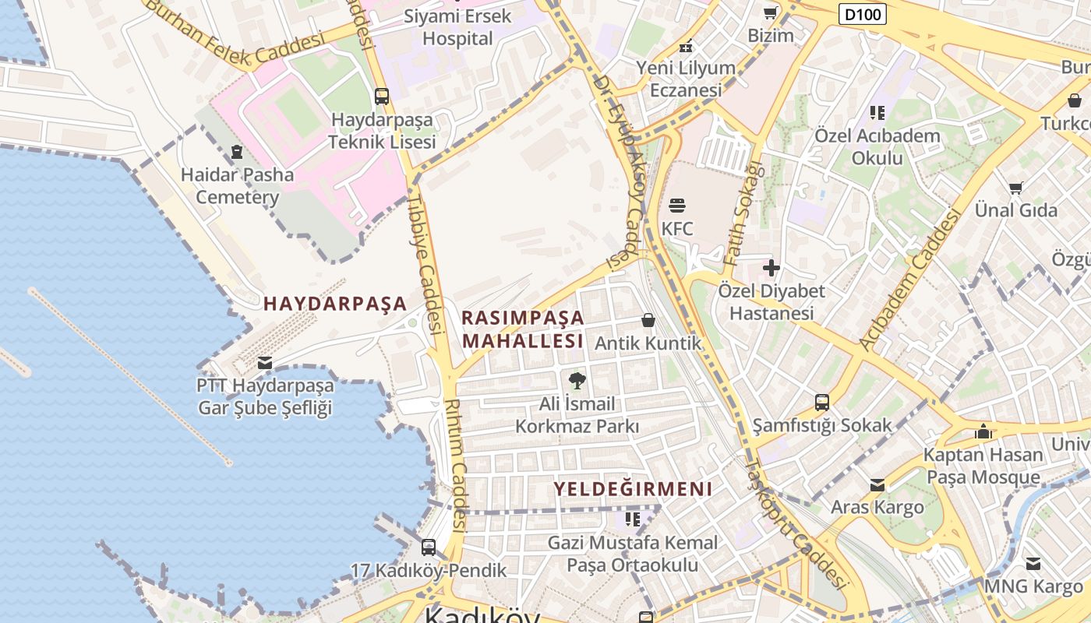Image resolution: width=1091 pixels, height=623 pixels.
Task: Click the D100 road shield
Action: click(x=863, y=13)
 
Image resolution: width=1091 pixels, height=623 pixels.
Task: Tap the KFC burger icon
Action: click(x=676, y=206)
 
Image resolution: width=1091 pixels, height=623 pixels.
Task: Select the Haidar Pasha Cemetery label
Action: click(x=237, y=185)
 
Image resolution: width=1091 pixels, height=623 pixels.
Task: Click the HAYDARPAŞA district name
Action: click(x=335, y=304)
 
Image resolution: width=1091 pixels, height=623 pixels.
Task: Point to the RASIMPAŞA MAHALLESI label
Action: click(x=522, y=329)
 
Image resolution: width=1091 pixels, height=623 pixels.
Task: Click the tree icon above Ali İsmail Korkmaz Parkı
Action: click(x=577, y=381)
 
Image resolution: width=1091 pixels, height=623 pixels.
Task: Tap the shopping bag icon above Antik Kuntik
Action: click(x=648, y=320)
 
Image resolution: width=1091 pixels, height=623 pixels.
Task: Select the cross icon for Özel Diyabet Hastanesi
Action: click(x=771, y=269)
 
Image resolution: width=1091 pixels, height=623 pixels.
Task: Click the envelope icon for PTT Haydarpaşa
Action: click(x=264, y=362)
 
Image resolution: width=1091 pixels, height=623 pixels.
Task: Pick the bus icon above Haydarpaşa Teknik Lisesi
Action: click(x=381, y=97)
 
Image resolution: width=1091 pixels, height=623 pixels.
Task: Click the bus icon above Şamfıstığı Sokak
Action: click(x=822, y=403)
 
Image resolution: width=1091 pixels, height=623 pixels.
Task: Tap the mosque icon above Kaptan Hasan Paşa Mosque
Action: click(x=983, y=431)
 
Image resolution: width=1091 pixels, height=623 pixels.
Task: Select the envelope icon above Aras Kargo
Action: click(x=877, y=485)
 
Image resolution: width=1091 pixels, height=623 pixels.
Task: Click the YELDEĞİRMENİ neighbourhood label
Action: click(x=633, y=489)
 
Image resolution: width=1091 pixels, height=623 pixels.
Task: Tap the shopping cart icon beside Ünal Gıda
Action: click(x=1016, y=188)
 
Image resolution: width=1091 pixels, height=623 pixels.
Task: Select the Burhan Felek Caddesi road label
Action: click(x=234, y=35)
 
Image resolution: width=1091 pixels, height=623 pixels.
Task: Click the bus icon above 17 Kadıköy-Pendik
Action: click(x=428, y=547)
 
